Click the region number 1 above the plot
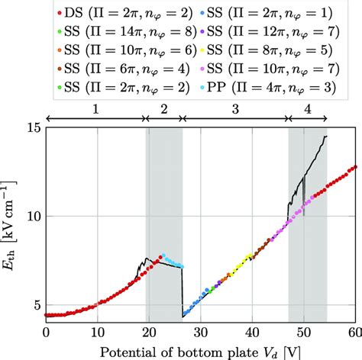point(95,109)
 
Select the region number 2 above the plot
point(164,109)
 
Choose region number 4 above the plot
point(308,109)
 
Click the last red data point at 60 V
point(354,167)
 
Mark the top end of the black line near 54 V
point(326,137)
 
